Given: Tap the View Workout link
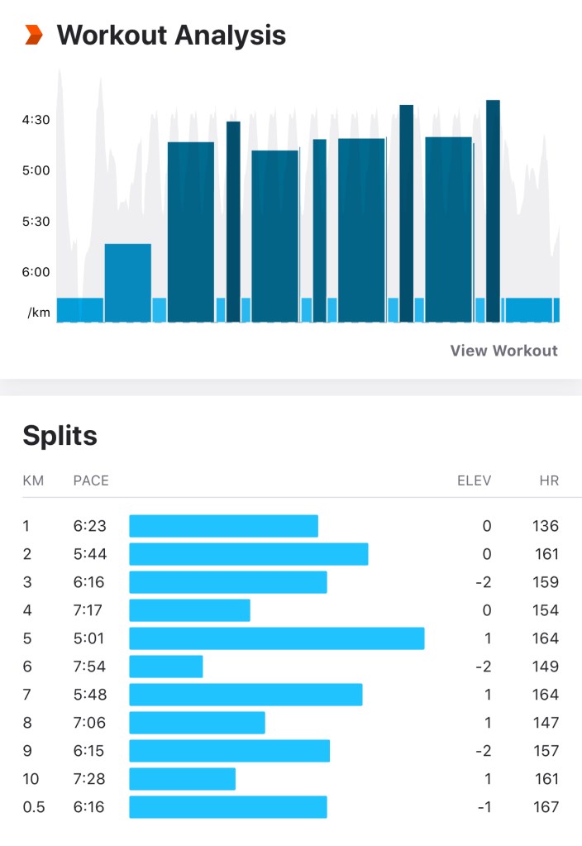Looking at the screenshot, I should click(503, 351).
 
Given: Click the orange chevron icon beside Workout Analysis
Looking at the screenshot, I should click(33, 35).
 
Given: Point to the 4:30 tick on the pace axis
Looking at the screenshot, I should click(36, 120).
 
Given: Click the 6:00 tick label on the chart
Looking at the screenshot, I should click(36, 272).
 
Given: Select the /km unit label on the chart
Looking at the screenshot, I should click(39, 313).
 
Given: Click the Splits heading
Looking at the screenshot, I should click(60, 435).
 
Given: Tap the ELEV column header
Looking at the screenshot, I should click(474, 480).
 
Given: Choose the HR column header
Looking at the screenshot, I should click(548, 480).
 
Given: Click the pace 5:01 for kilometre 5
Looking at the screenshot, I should click(88, 638).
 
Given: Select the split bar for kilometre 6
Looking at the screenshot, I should click(166, 667).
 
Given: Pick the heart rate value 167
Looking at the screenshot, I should click(546, 807).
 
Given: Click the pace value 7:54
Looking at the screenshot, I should click(88, 667).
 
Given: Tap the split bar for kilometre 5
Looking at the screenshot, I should click(277, 638).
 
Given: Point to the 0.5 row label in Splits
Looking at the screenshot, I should click(34, 807).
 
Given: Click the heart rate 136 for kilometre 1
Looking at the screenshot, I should click(546, 526).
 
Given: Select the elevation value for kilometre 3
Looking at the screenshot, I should click(484, 582).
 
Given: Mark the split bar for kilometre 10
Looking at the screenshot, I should click(183, 779).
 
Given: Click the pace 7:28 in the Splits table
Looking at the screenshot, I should click(88, 779).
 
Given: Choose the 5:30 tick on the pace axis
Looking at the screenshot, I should click(36, 222).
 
